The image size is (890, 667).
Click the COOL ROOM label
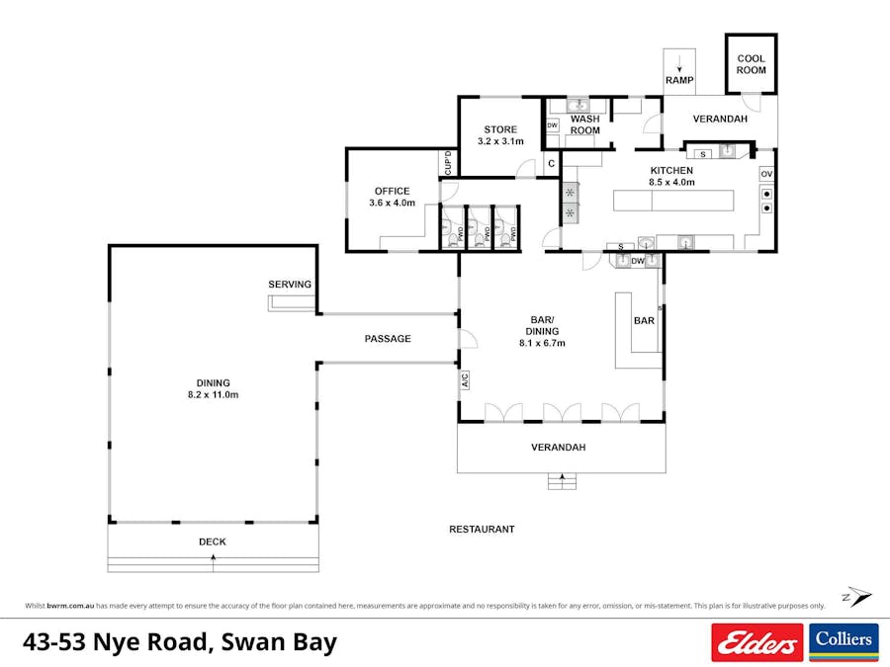(x=751, y=64)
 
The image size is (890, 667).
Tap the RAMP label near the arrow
(x=678, y=80)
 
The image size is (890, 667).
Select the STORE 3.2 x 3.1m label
(x=499, y=135)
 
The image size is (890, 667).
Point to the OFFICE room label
(x=392, y=197)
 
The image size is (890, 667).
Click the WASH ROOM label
(x=584, y=125)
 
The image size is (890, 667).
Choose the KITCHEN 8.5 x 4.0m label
(x=671, y=176)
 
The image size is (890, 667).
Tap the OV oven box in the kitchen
(x=766, y=174)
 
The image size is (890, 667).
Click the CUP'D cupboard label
(x=447, y=163)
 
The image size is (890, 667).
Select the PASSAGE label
(x=388, y=339)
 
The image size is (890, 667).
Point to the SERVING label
(x=290, y=285)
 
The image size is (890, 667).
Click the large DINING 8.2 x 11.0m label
(x=213, y=388)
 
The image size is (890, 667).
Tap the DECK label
(x=213, y=542)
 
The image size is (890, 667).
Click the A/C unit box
(x=464, y=379)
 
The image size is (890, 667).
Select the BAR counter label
(x=644, y=321)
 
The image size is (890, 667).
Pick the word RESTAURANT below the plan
(x=482, y=530)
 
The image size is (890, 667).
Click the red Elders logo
(x=756, y=642)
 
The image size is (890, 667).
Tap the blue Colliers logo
(x=844, y=642)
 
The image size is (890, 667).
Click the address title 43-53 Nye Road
(x=179, y=642)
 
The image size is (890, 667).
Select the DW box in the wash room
(x=552, y=125)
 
